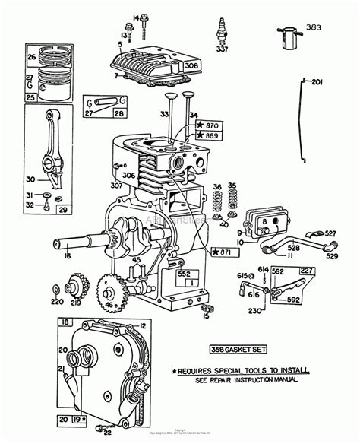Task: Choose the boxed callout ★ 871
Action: [222, 251]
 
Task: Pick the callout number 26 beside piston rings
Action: [31, 56]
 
